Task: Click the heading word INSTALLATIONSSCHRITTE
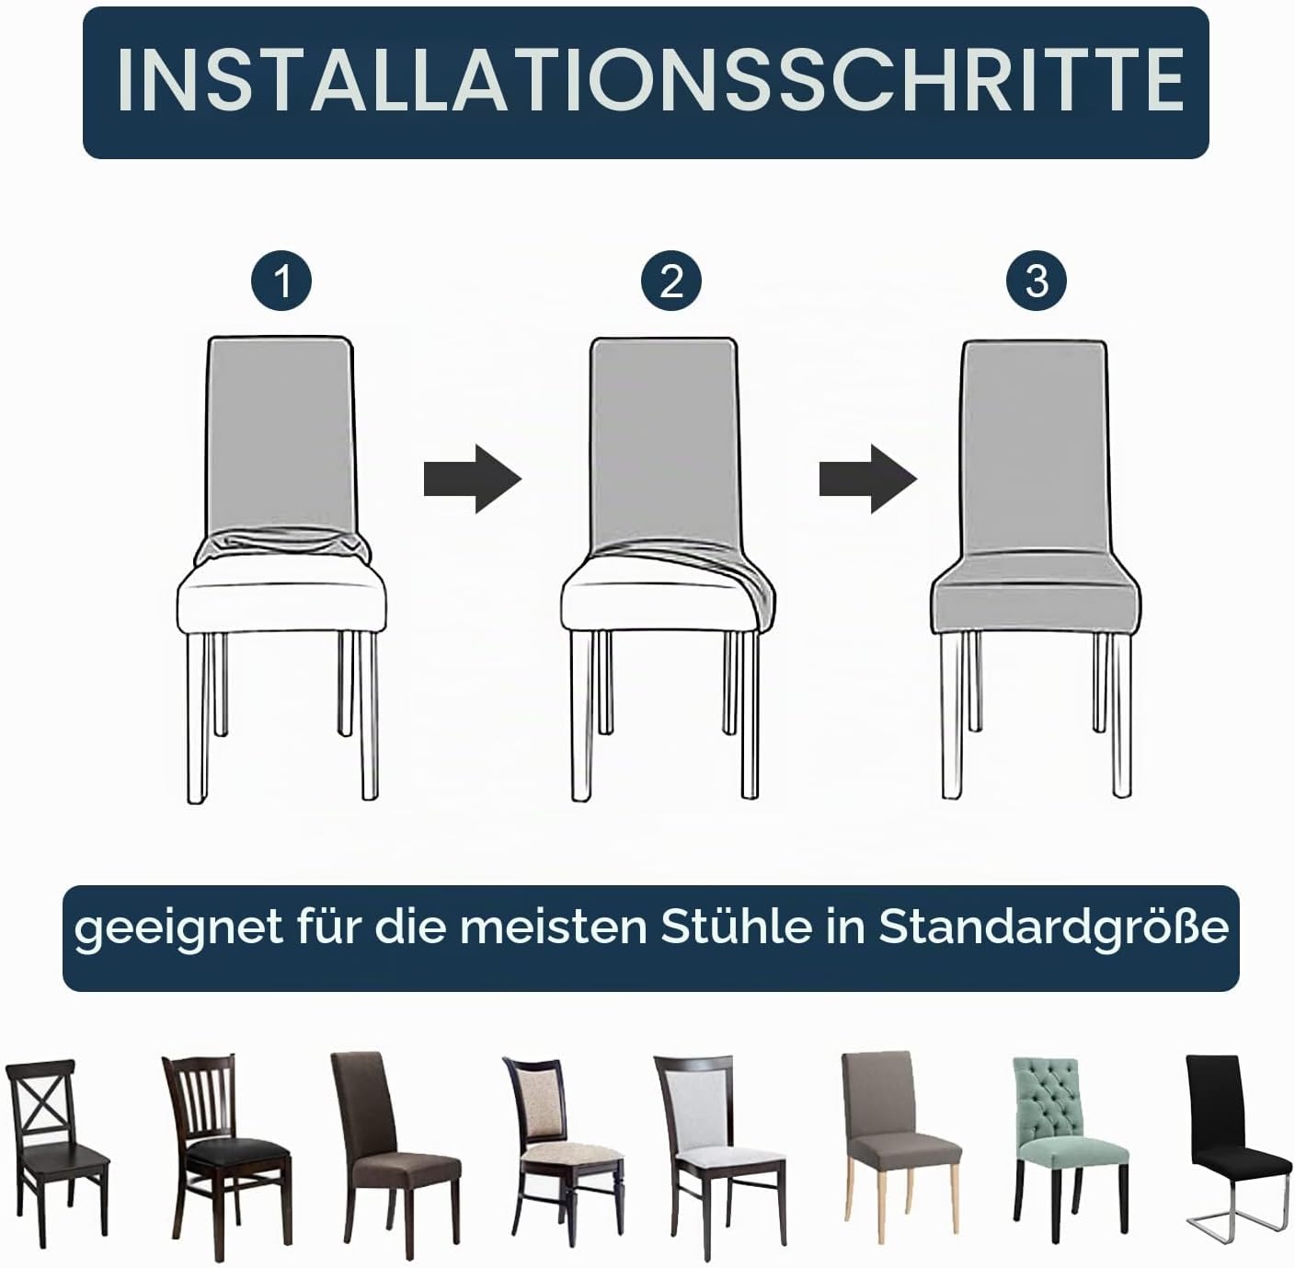[x=649, y=80]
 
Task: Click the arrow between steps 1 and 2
[x=473, y=478]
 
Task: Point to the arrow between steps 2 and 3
[x=867, y=478]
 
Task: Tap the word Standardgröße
[x=1054, y=928]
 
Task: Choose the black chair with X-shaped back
[x=56, y=1152]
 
